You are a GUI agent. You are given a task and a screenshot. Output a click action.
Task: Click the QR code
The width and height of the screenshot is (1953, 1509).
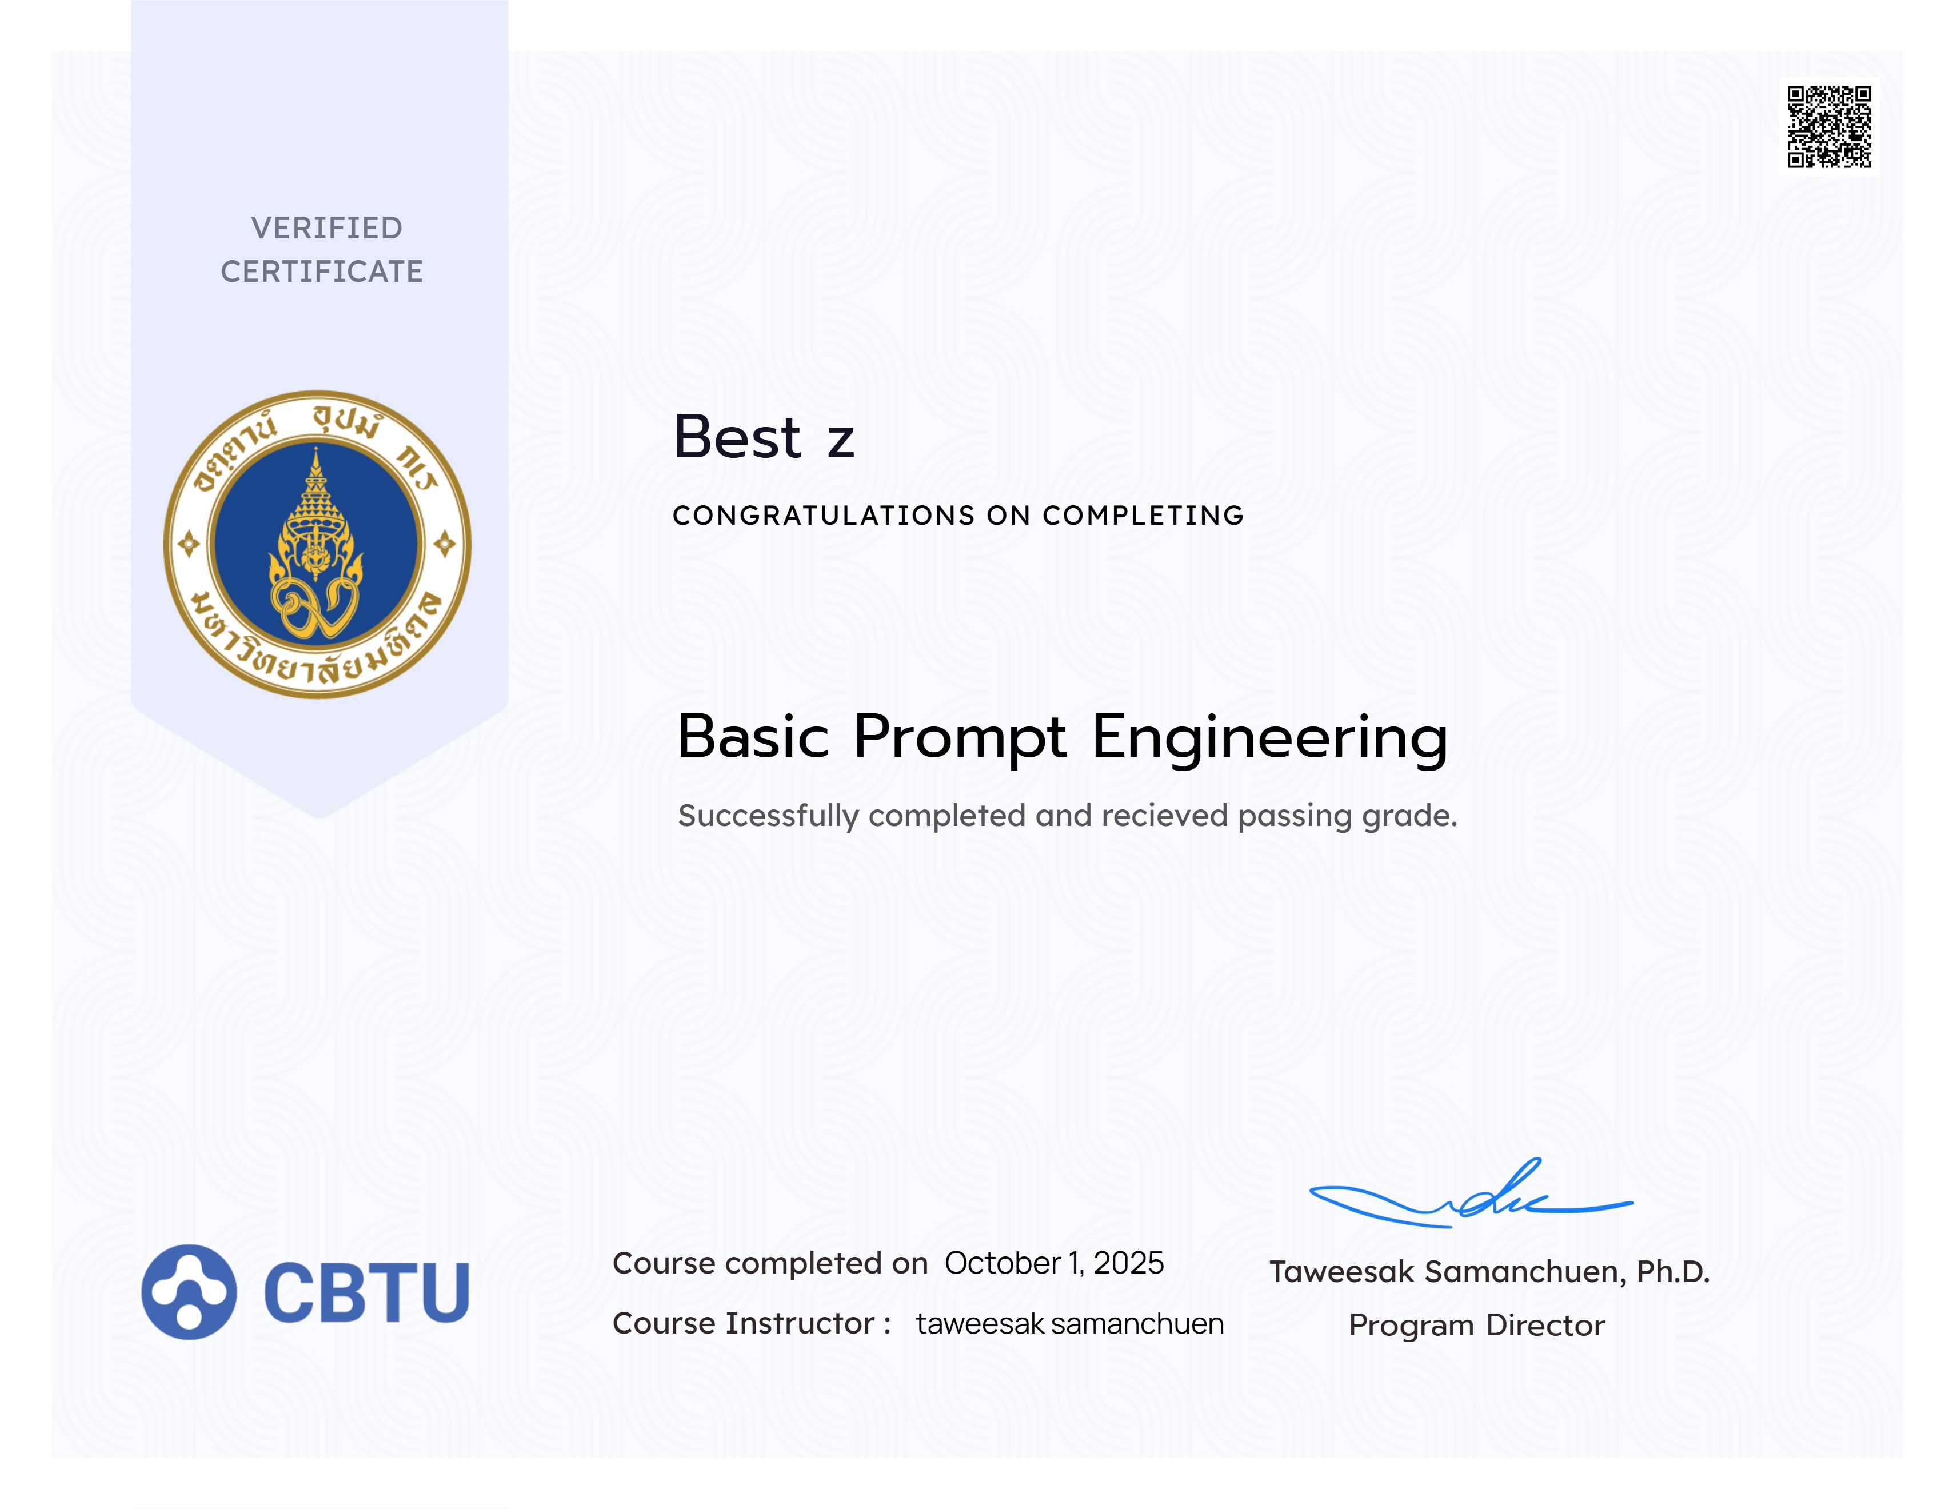tap(1829, 126)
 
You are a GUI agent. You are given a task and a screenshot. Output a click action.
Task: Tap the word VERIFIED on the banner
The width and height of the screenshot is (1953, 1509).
tap(326, 228)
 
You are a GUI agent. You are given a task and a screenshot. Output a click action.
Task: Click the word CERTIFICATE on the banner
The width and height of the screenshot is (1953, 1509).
tap(322, 271)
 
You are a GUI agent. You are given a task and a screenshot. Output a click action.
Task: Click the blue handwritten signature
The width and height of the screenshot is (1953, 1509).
tap(1471, 1193)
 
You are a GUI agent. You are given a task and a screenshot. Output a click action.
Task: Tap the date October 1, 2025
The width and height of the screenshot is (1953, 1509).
tap(1055, 1263)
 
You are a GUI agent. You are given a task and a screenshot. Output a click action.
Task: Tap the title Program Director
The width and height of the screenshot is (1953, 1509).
tap(1476, 1325)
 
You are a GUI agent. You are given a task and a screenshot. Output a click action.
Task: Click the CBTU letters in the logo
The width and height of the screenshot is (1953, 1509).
tap(366, 1292)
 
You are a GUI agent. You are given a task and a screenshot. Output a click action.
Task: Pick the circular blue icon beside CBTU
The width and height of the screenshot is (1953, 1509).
tap(189, 1292)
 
